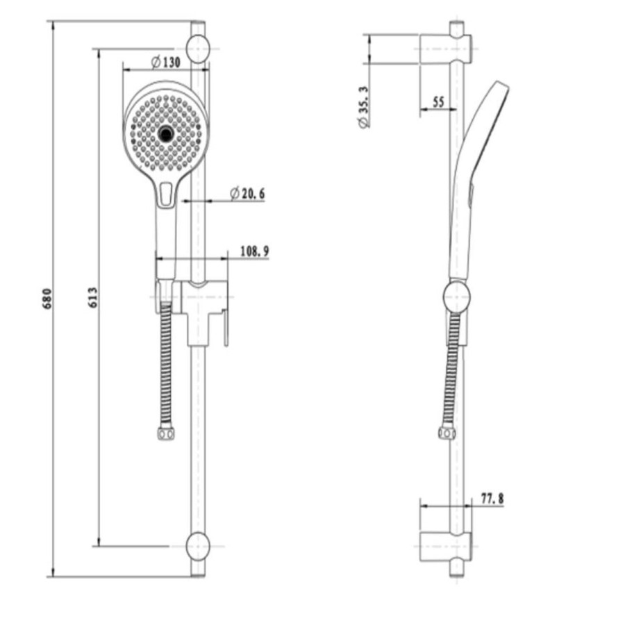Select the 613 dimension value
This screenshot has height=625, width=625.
pos(93,297)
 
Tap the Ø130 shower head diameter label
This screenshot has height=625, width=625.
pos(165,62)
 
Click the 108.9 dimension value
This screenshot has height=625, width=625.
pos(254,251)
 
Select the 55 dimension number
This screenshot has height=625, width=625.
pos(437,102)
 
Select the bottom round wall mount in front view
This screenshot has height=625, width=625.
pos(199,547)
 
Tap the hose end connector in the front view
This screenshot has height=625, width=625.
pos(165,434)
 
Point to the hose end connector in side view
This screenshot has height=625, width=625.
pos(447,434)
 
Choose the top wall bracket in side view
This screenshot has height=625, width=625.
pos(444,49)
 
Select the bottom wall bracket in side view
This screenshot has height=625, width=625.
pos(444,546)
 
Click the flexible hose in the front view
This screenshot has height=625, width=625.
pos(165,368)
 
